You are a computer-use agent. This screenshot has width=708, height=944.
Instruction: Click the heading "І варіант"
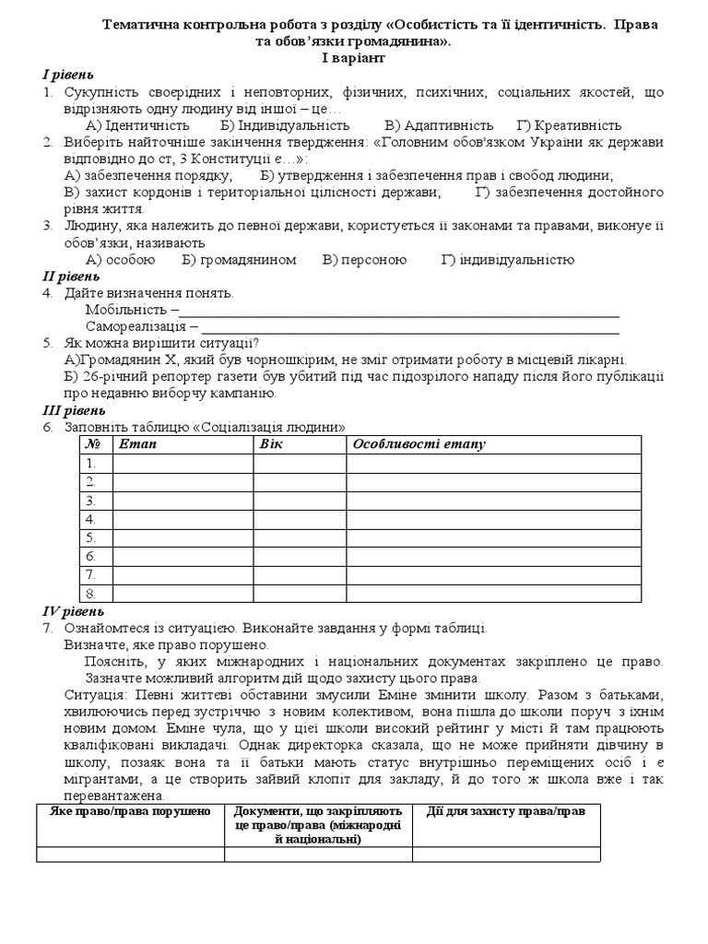coord(353,58)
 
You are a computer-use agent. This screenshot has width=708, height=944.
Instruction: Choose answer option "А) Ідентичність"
coord(137,125)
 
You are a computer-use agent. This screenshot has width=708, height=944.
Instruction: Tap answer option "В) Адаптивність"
coord(439,125)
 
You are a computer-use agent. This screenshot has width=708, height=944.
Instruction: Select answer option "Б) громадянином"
coord(239,260)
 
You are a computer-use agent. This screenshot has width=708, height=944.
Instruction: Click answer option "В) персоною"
coord(364,260)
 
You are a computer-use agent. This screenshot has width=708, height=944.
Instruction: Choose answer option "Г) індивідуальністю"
coord(507,260)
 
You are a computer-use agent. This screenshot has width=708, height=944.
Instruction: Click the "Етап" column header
coord(138,444)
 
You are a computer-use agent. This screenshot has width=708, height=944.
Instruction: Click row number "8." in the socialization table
coord(91,594)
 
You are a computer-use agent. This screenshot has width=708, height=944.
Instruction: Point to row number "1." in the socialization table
coord(91,463)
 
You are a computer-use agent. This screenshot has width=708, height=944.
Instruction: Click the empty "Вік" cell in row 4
coord(300,519)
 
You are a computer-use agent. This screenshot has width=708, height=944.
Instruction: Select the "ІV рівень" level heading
coord(74,611)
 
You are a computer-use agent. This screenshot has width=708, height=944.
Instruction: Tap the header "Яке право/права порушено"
coord(131,811)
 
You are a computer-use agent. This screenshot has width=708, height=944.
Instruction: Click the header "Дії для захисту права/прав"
coord(506,811)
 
